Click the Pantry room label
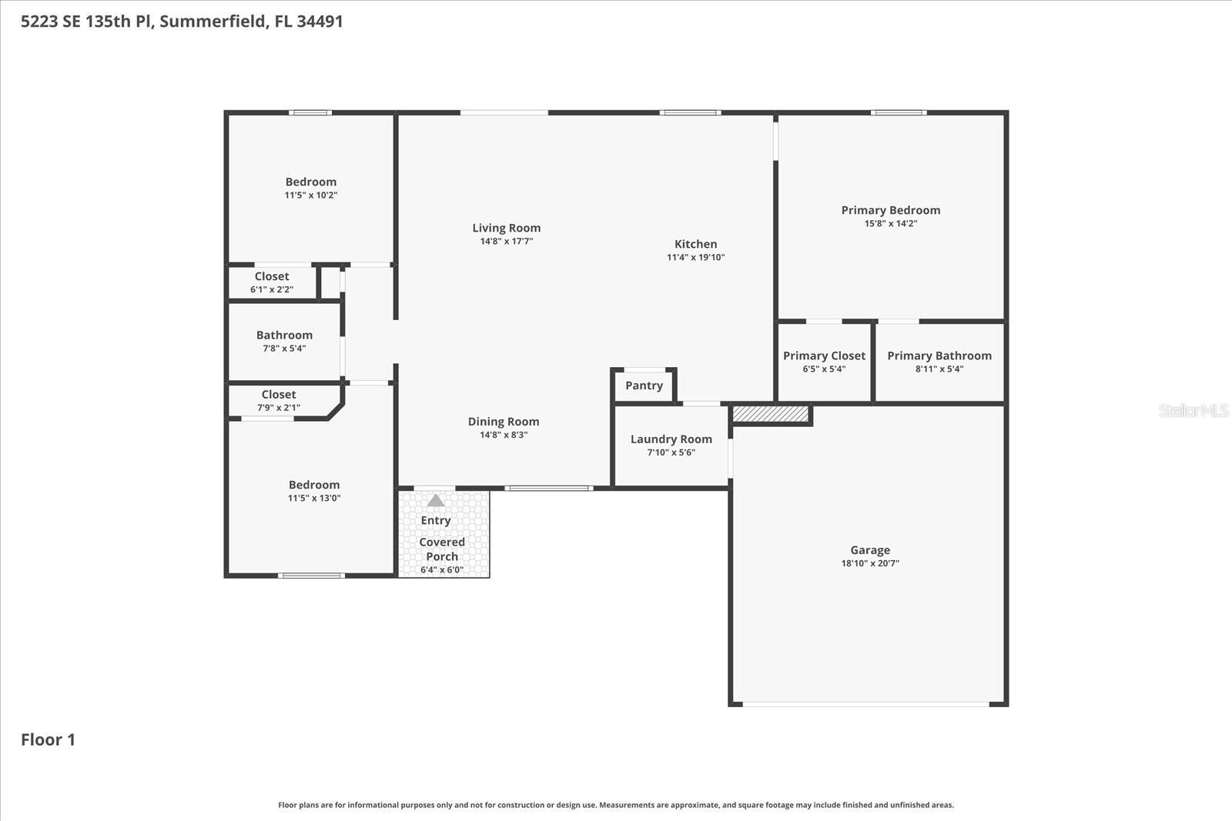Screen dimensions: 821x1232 [x=644, y=385]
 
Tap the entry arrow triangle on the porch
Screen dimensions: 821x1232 [x=436, y=500]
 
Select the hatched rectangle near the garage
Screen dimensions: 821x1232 [x=770, y=415]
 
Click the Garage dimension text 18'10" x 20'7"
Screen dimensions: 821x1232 [x=870, y=563]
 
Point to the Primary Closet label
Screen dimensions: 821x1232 [x=824, y=355]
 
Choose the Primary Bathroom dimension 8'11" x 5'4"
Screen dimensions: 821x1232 [x=939, y=369]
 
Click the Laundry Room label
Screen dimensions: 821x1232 [x=671, y=439]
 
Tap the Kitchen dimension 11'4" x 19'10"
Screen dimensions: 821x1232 [x=695, y=258]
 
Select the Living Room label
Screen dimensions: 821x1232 [x=506, y=228]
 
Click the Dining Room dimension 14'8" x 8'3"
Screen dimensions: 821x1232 [x=504, y=435]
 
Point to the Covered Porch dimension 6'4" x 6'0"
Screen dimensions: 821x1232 [x=442, y=570]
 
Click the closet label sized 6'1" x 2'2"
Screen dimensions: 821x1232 [x=272, y=276]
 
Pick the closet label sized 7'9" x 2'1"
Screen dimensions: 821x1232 [x=278, y=395]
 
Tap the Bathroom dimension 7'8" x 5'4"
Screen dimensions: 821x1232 [x=284, y=349]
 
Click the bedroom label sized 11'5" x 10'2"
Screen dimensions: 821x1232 [x=311, y=182]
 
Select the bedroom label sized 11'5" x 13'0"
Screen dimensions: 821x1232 [x=314, y=485]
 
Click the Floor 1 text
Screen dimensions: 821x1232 [x=48, y=739]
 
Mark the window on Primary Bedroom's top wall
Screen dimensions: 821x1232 [x=899, y=113]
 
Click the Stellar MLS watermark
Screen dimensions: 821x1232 [x=1193, y=410]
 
